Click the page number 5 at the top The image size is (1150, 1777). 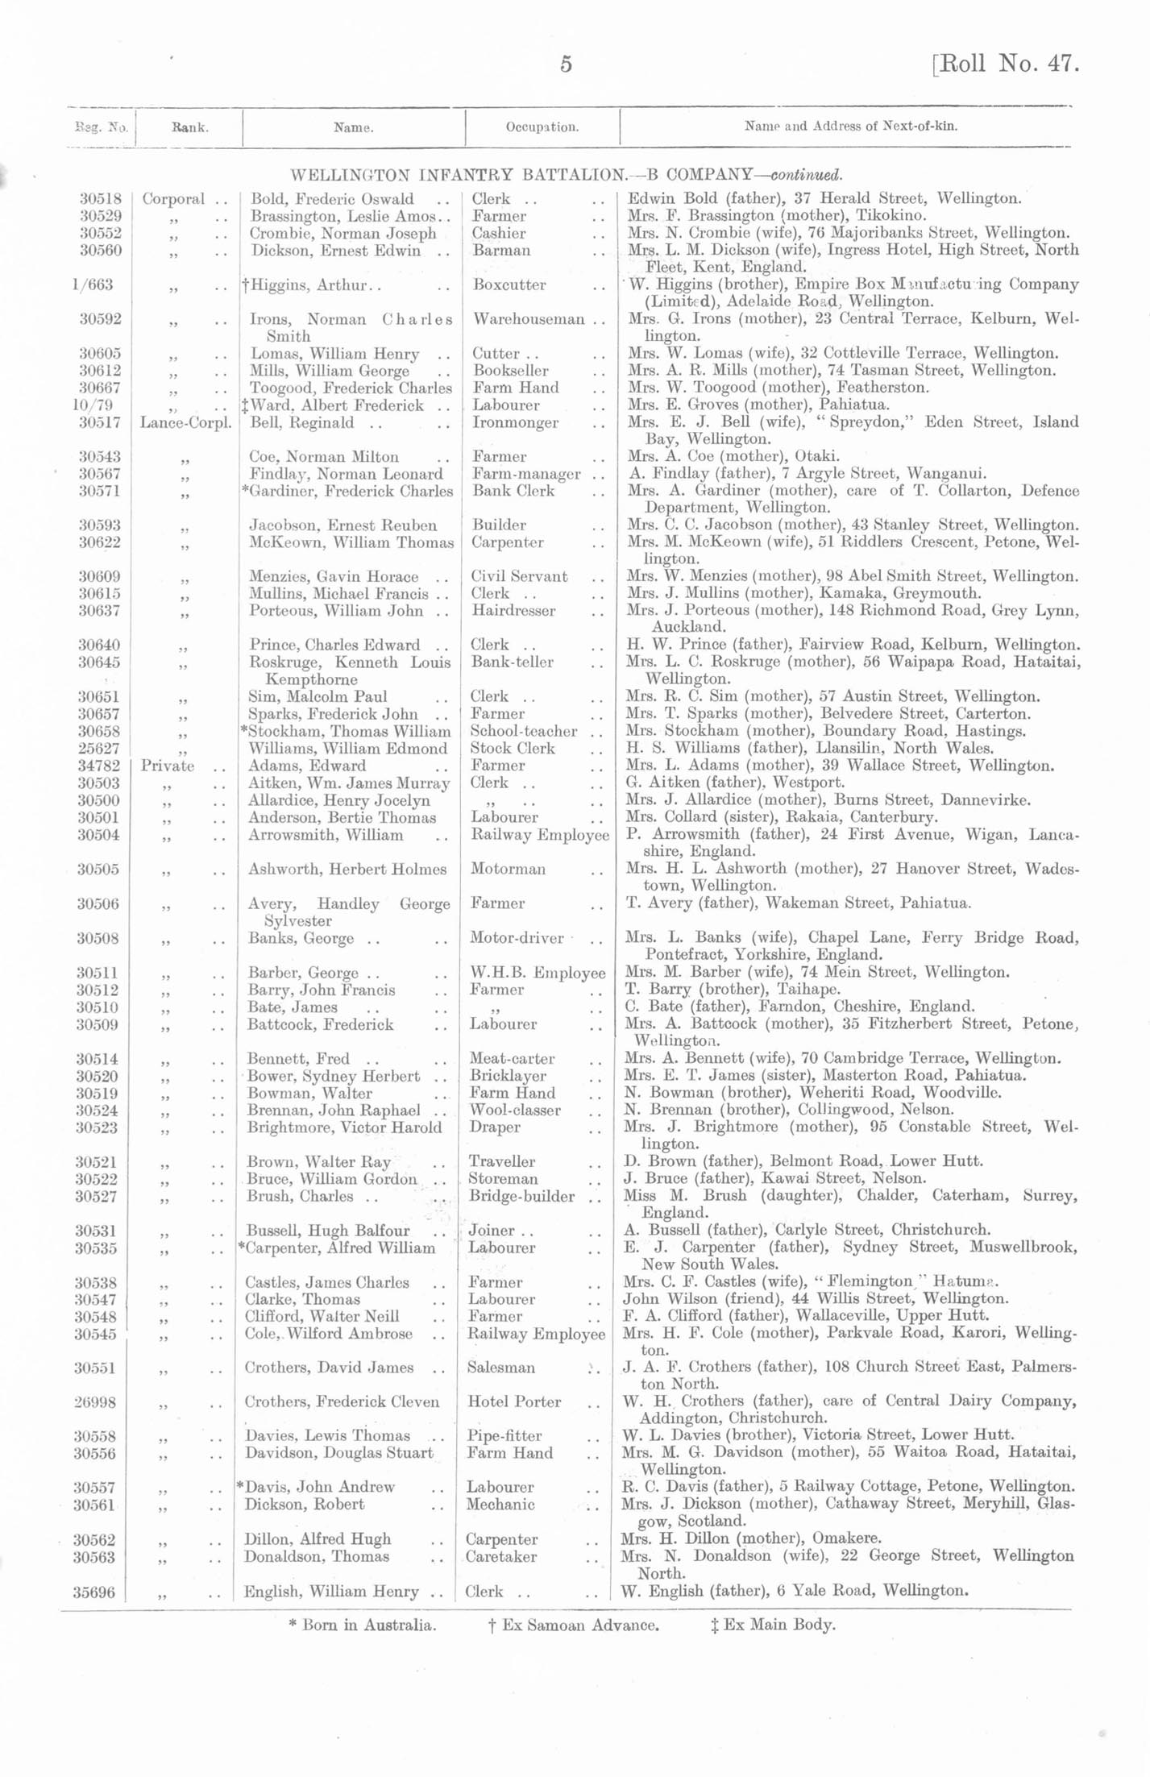[566, 64]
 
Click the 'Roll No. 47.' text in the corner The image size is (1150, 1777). [1007, 64]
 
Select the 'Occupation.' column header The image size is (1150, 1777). [542, 127]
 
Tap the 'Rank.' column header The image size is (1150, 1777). [189, 127]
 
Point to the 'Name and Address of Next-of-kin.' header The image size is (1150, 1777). [850, 127]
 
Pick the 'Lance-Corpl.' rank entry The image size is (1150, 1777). [186, 422]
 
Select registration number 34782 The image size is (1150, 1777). [98, 766]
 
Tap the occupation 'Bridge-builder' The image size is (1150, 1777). [521, 1197]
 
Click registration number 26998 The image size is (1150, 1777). [98, 1402]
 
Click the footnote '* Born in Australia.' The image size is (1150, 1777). [362, 1625]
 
